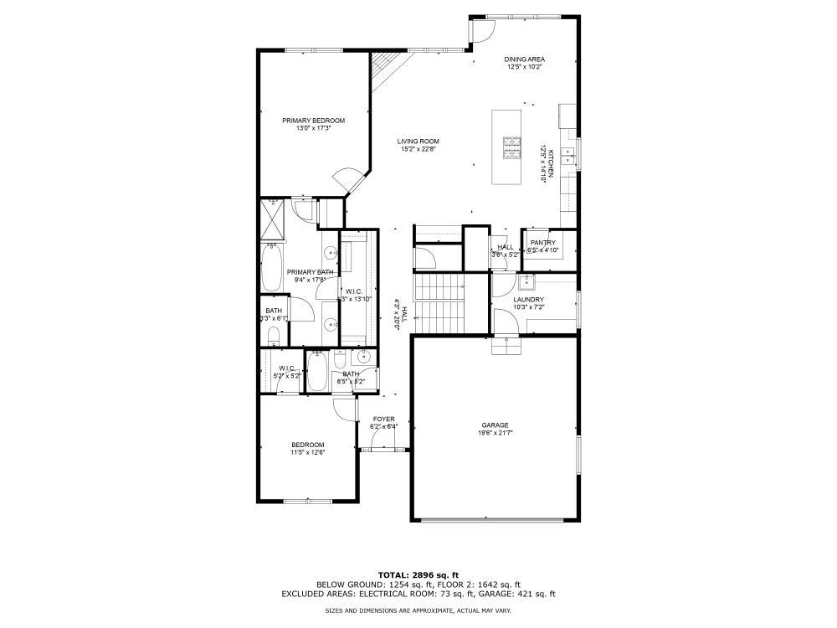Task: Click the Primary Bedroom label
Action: point(313,121)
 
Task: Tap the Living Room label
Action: point(418,142)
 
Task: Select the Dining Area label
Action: point(524,59)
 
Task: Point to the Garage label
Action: point(494,425)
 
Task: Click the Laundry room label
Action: point(528,300)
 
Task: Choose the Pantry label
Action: point(542,243)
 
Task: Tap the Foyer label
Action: point(384,420)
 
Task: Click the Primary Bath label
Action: point(311,272)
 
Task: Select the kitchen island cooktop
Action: point(511,147)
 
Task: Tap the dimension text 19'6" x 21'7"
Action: point(494,434)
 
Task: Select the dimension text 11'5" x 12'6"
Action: point(307,452)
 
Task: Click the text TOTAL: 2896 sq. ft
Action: point(418,574)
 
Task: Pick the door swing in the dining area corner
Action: point(480,32)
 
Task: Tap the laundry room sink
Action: point(527,282)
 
